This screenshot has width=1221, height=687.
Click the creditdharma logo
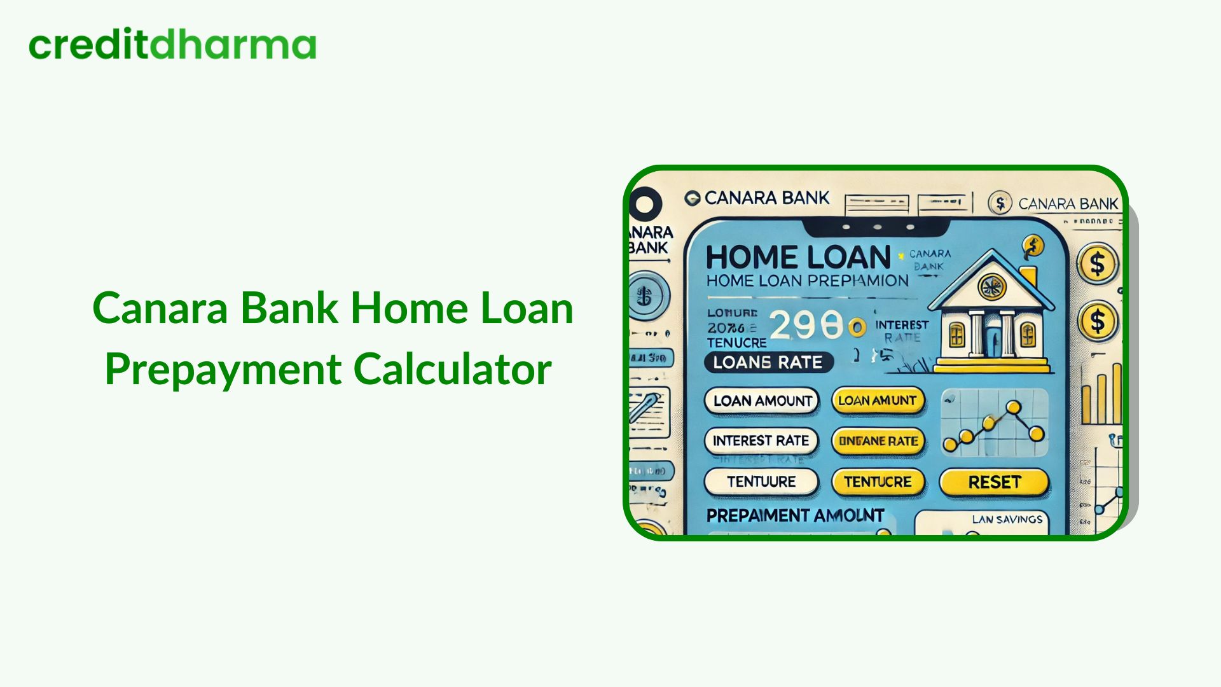pyautogui.click(x=172, y=45)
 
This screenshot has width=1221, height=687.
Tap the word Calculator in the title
pyautogui.click(x=452, y=370)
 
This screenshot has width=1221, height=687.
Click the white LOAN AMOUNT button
pyautogui.click(x=762, y=401)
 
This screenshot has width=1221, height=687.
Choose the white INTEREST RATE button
pyautogui.click(x=761, y=441)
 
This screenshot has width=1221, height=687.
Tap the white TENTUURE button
pyautogui.click(x=761, y=482)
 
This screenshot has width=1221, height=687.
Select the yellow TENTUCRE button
pyautogui.click(x=878, y=482)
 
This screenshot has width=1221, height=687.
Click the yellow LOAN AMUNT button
pyautogui.click(x=878, y=401)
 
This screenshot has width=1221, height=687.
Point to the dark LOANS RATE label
pyautogui.click(x=768, y=363)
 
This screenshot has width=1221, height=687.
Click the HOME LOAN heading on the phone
pyautogui.click(x=798, y=258)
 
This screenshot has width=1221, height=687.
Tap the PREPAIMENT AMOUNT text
pyautogui.click(x=795, y=516)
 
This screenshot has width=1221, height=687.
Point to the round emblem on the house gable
pyautogui.click(x=991, y=287)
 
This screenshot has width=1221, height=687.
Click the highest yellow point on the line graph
pyautogui.click(x=1014, y=407)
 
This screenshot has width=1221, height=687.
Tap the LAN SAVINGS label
pyautogui.click(x=1007, y=520)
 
